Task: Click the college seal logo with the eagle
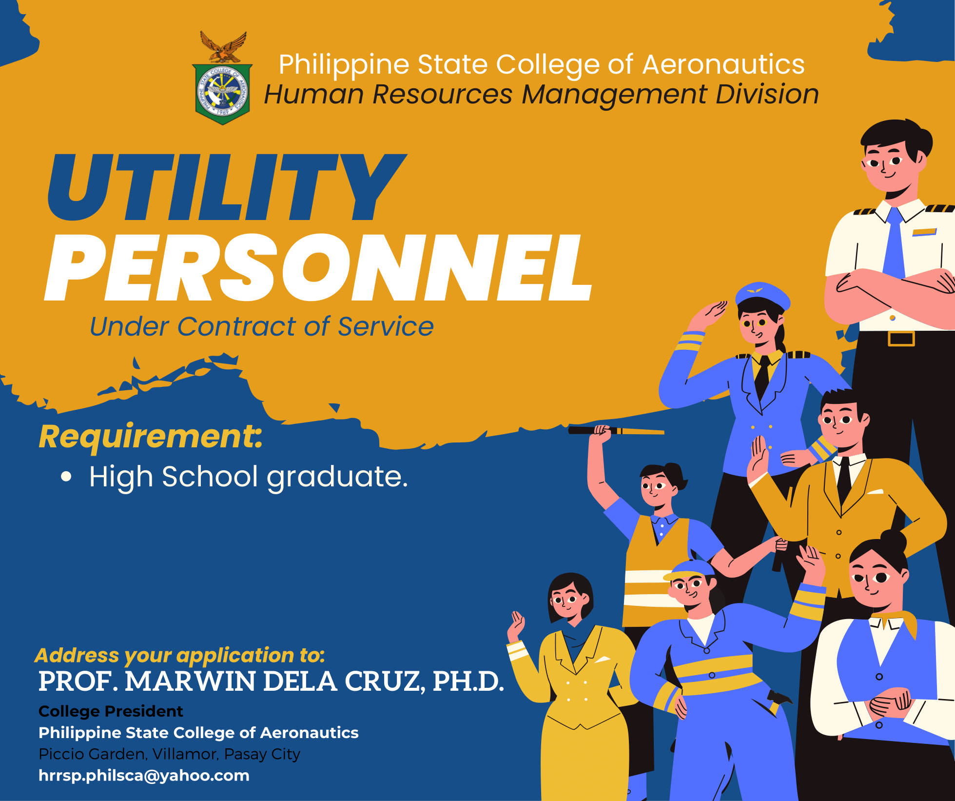point(222,78)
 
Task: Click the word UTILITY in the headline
point(227,187)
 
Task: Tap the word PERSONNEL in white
point(318,267)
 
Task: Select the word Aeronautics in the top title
point(723,64)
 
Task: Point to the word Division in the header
point(767,94)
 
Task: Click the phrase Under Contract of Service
point(262,326)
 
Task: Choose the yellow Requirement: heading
point(151,437)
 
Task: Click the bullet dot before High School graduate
point(66,477)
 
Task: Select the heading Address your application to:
point(180,655)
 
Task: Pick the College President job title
point(111,711)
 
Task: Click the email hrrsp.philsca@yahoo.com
point(144,776)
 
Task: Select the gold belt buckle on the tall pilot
point(901,338)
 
